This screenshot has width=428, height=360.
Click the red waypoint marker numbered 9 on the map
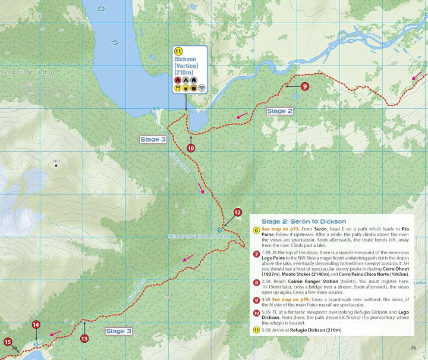304,86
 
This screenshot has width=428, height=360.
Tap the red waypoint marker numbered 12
237,212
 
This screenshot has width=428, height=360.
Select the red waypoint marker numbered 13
84,339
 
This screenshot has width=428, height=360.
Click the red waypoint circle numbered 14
36,325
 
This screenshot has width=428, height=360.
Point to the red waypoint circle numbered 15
8,342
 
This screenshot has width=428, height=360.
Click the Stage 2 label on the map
279,111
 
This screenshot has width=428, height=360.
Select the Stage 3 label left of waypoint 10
153,139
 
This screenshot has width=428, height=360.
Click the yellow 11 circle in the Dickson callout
178,51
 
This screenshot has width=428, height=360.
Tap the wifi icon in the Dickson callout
201,88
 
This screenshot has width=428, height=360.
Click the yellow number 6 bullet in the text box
256,230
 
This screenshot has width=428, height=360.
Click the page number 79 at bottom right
413,348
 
